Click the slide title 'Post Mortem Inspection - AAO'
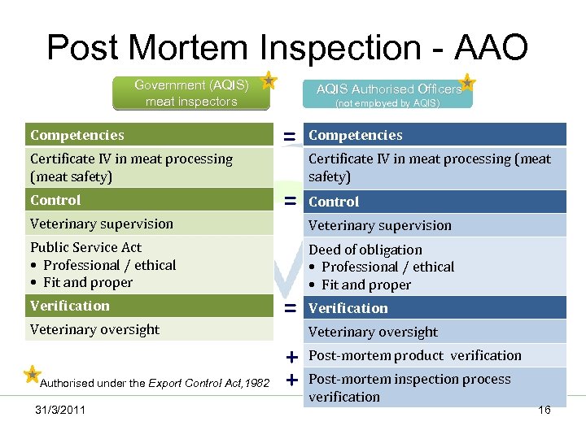click(287, 47)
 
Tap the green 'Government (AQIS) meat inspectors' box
click(191, 93)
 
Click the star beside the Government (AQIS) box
click(269, 80)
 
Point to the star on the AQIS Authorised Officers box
click(468, 81)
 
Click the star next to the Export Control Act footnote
click(31, 374)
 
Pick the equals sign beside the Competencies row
click(289, 137)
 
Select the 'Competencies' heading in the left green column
click(77, 135)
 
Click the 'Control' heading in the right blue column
click(334, 202)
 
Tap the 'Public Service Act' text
click(85, 247)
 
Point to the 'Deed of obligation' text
click(365, 250)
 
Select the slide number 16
click(544, 410)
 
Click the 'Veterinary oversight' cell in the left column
click(94, 329)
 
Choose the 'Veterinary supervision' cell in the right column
click(379, 225)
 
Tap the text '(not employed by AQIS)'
click(387, 103)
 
